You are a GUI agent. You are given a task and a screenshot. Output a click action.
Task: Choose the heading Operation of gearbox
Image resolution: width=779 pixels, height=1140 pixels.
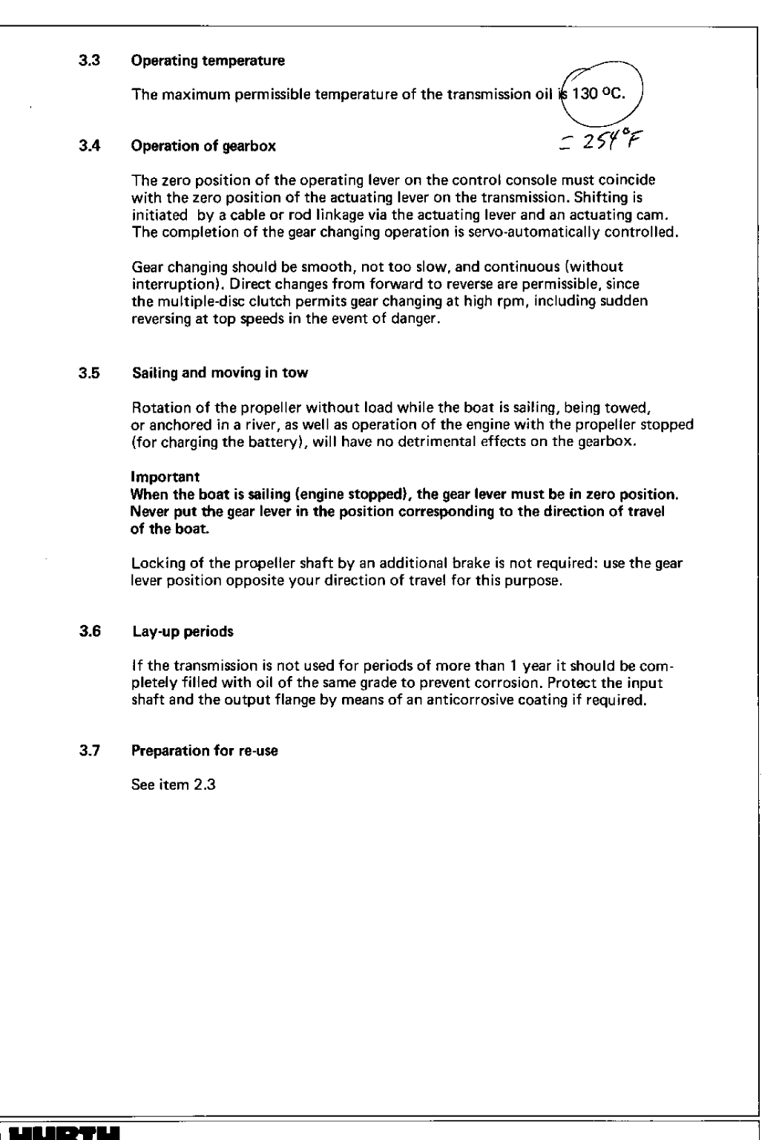tap(203, 146)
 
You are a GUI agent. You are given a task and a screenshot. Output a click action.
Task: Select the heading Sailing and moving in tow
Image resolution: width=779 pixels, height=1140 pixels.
tap(220, 373)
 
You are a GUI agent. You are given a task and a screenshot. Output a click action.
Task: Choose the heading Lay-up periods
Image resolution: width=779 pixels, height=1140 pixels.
tap(183, 632)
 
